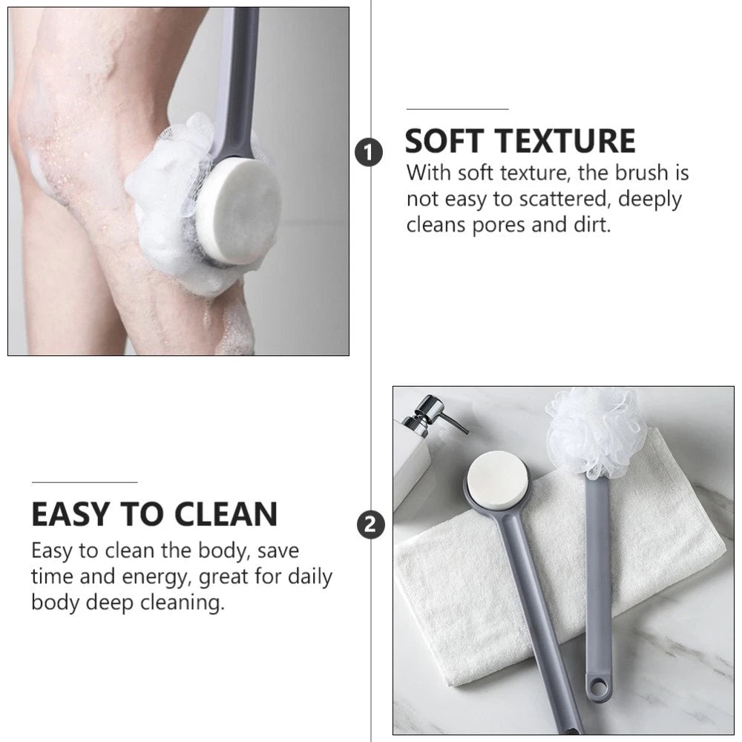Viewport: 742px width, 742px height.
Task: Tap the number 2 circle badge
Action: pos(371,525)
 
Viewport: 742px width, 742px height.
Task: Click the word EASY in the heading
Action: pos(71,514)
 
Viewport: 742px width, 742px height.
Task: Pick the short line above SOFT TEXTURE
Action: pos(456,109)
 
